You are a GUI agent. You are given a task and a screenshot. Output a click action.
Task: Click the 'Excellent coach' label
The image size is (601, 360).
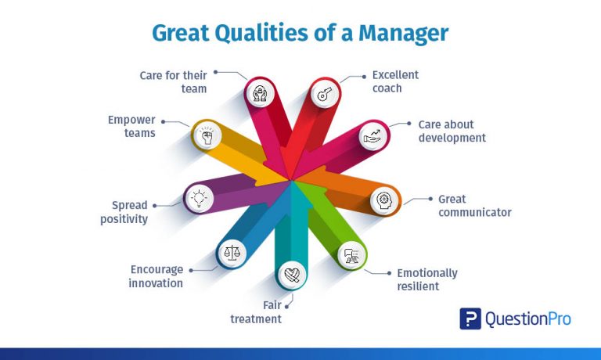click(395, 81)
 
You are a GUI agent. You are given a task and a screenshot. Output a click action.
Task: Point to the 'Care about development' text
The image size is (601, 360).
click(452, 131)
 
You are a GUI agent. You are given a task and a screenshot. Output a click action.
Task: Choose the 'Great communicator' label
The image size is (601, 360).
click(474, 206)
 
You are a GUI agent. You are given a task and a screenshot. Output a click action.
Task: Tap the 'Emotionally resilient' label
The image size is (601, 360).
click(426, 279)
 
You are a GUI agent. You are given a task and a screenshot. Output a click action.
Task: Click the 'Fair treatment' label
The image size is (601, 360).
click(256, 311)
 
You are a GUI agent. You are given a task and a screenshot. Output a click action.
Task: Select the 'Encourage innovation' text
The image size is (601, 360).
click(156, 276)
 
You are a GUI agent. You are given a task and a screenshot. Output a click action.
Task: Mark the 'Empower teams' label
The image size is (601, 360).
click(131, 127)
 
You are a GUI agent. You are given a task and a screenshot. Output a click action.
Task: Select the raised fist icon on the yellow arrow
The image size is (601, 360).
click(207, 136)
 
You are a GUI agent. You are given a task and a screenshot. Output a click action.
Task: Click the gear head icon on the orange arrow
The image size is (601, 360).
click(383, 199)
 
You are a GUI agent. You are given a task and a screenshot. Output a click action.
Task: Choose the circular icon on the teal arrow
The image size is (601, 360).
click(290, 274)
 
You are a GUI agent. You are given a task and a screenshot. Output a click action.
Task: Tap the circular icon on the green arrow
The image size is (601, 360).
click(351, 254)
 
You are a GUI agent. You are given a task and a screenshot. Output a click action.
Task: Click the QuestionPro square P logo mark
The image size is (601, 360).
click(470, 319)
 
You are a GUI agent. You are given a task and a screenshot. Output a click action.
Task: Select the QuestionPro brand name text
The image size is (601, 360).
click(528, 319)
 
